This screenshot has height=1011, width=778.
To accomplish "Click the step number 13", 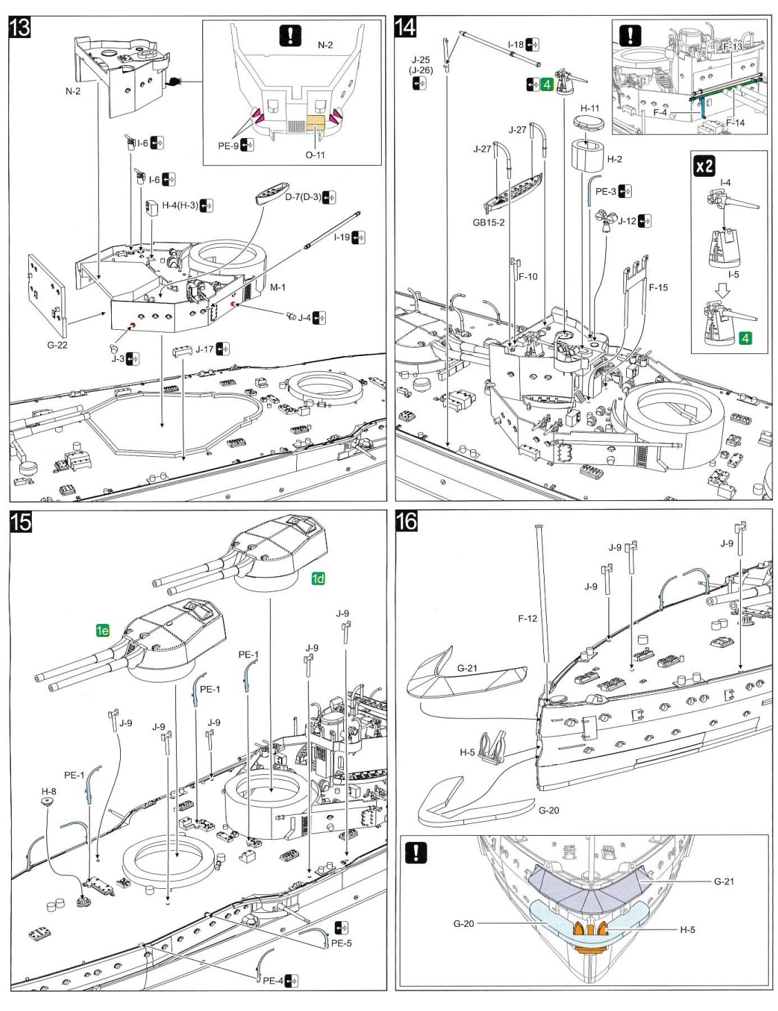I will (x=20, y=28).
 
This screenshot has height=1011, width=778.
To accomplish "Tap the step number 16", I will (x=406, y=521).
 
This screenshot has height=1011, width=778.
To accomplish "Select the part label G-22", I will (x=57, y=345).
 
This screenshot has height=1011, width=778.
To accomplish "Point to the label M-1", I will (x=278, y=287).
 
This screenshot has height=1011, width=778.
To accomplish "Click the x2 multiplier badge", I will (x=704, y=166).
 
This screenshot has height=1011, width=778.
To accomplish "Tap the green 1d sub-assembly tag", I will (x=318, y=578).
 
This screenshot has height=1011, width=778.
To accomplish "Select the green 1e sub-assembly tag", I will (x=102, y=630).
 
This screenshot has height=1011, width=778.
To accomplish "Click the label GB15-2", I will (x=488, y=222).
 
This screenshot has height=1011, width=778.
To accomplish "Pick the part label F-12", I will (x=527, y=618).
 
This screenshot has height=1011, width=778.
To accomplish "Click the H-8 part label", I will (x=48, y=792).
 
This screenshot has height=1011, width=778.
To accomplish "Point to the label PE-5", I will (x=341, y=943).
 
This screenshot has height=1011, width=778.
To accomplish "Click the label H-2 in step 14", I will (x=614, y=159).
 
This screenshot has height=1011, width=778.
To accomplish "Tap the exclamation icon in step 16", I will (x=416, y=852).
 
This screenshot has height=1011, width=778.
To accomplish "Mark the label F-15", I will (x=658, y=287).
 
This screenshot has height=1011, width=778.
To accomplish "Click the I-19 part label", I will (x=342, y=237).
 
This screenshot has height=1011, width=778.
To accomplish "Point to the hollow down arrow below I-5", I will (x=722, y=291).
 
